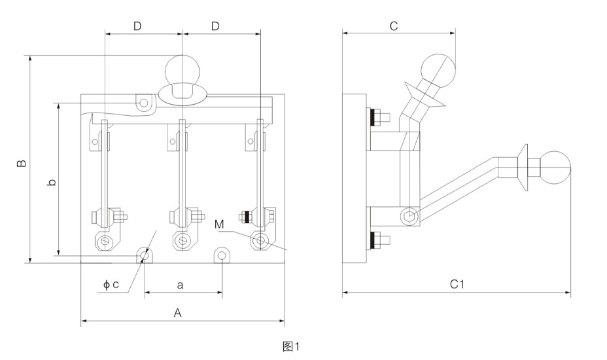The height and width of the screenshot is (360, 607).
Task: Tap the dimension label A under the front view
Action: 177,313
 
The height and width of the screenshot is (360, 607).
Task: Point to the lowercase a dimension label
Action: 180,285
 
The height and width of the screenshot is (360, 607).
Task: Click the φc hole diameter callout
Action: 111,285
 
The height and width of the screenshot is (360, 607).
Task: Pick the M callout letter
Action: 219,225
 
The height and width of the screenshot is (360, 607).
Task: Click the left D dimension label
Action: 137,26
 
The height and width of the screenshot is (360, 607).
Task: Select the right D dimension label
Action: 215,26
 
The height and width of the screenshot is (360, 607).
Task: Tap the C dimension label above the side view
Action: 393,26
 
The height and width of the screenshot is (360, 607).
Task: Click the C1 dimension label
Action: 457,284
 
